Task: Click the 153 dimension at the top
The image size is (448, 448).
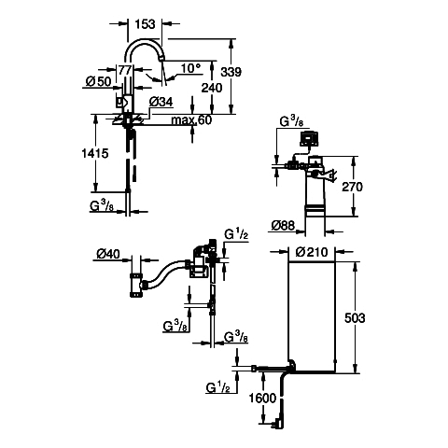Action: pyautogui.click(x=145, y=24)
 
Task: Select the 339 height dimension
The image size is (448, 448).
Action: pyautogui.click(x=231, y=72)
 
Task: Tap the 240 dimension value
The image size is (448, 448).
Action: pyautogui.click(x=212, y=88)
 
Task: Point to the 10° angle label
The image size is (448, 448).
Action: pyautogui.click(x=191, y=68)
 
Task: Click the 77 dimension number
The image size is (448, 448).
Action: pyautogui.click(x=125, y=69)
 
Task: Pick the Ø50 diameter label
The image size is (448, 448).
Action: pyautogui.click(x=98, y=81)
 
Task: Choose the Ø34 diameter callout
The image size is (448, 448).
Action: pyautogui.click(x=161, y=102)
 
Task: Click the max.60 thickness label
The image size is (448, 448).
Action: pyautogui.click(x=191, y=119)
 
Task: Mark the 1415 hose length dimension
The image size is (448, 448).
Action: pyautogui.click(x=95, y=153)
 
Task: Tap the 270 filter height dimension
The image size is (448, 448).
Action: pyautogui.click(x=353, y=187)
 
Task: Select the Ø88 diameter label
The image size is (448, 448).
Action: pyautogui.click(x=283, y=225)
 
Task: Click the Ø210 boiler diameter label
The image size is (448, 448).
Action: pyautogui.click(x=312, y=252)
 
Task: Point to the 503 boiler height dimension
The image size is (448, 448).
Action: pyautogui.click(x=355, y=318)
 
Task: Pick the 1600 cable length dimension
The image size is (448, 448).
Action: pyautogui.click(x=262, y=398)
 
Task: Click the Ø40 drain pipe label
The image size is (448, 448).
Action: pyautogui.click(x=108, y=254)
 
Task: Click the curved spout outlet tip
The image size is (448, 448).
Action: pyautogui.click(x=162, y=58)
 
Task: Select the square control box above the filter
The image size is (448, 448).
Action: pyautogui.click(x=309, y=139)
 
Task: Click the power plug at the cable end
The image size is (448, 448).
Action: pyautogui.click(x=278, y=424)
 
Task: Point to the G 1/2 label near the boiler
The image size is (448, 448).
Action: pyautogui.click(x=218, y=387)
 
